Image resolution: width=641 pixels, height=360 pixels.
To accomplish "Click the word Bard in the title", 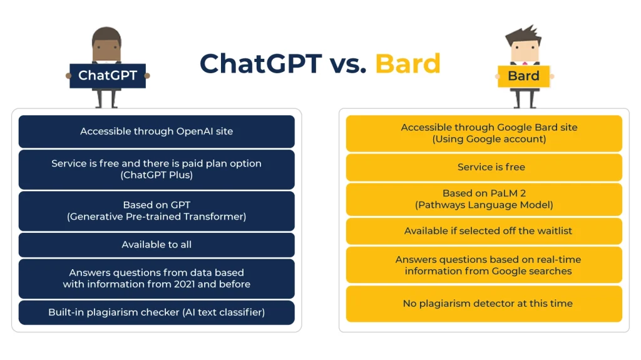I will (408, 63).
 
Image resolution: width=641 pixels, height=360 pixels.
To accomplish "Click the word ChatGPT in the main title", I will (260, 63).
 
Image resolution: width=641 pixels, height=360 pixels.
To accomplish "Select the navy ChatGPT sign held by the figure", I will (107, 76).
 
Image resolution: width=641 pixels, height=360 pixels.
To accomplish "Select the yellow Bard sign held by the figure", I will (523, 76).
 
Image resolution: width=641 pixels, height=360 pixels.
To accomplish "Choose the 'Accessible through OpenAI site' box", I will (156, 131).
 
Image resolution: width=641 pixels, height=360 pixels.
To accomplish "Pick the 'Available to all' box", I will (156, 245).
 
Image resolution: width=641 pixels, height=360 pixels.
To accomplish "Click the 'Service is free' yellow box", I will (484, 167).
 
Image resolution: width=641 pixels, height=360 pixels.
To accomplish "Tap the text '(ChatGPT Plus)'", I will (156, 175).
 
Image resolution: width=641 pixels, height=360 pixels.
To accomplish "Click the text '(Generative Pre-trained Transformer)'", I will (156, 217).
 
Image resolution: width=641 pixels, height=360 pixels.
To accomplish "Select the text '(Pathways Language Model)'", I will (484, 205).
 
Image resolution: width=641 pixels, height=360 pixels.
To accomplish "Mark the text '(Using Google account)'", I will (489, 139).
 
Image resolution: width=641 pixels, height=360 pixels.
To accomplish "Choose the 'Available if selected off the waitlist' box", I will (484, 231).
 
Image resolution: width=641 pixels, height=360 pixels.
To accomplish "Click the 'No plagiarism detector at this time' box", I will (484, 304).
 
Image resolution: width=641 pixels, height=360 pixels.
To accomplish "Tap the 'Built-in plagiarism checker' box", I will (156, 312).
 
